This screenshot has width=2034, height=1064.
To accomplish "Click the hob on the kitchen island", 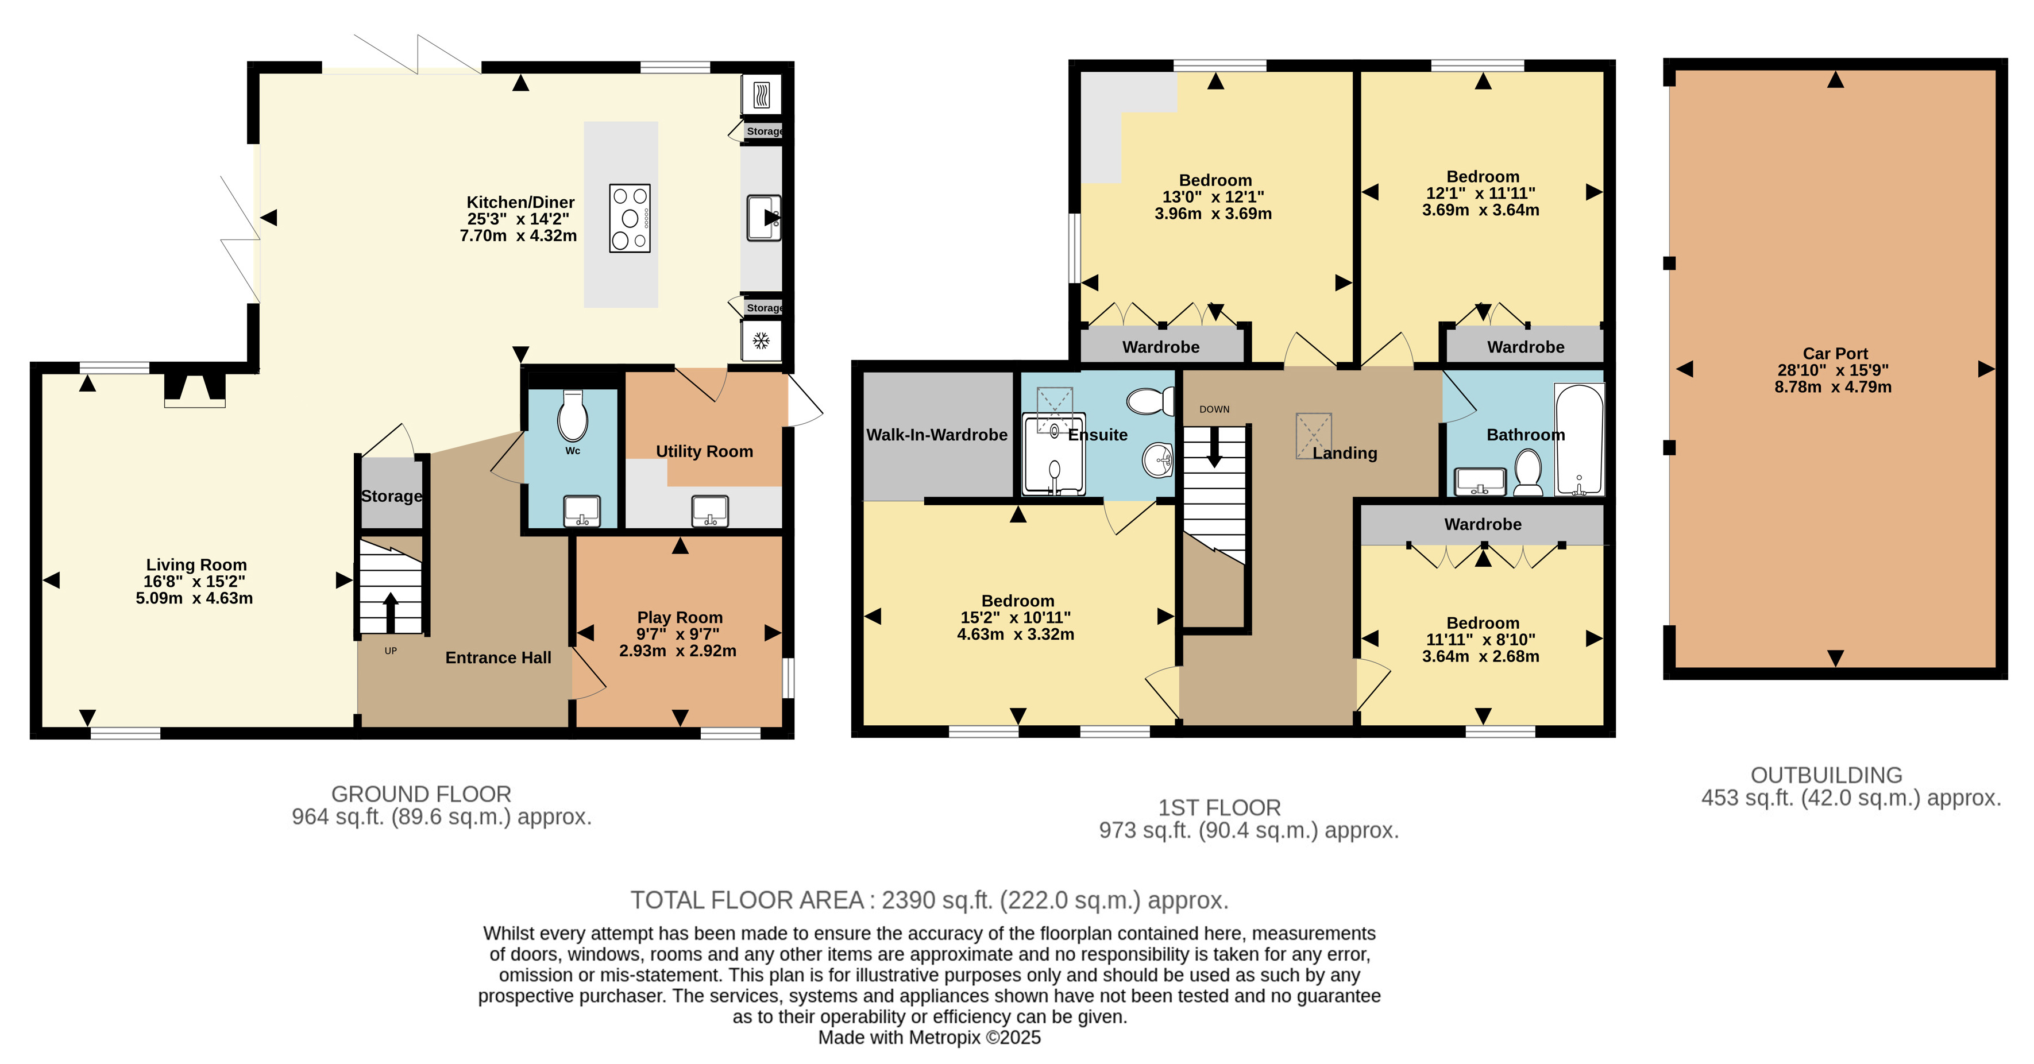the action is pyautogui.click(x=630, y=219).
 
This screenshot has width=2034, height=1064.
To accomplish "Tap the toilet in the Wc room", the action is pyautogui.click(x=573, y=415).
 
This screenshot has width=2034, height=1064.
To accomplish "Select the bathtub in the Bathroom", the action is pyautogui.click(x=1578, y=440).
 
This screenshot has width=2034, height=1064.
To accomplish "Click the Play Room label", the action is pyautogui.click(x=680, y=617).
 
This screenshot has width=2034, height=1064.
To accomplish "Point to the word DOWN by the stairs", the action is pyautogui.click(x=1214, y=409).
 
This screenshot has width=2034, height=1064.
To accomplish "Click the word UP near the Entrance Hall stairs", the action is pyautogui.click(x=391, y=651).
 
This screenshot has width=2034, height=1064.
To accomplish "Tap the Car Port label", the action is pyautogui.click(x=1835, y=354).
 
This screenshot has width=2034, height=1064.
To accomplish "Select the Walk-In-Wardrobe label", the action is pyautogui.click(x=936, y=435).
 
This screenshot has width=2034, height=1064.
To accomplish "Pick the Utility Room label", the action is pyautogui.click(x=704, y=451).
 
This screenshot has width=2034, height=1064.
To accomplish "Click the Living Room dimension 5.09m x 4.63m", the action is pyautogui.click(x=194, y=598).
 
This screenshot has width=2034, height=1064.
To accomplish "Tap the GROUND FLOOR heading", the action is pyautogui.click(x=421, y=794).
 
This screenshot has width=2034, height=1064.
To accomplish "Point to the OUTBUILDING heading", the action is pyautogui.click(x=1826, y=775).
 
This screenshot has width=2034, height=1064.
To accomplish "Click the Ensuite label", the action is pyautogui.click(x=1098, y=435).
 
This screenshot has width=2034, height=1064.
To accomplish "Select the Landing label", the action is pyautogui.click(x=1345, y=453).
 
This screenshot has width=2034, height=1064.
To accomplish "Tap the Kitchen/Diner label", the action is pyautogui.click(x=520, y=203).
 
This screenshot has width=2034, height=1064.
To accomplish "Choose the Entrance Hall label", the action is pyautogui.click(x=498, y=657).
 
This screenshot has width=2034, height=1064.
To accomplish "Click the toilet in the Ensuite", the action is pyautogui.click(x=1151, y=401).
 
